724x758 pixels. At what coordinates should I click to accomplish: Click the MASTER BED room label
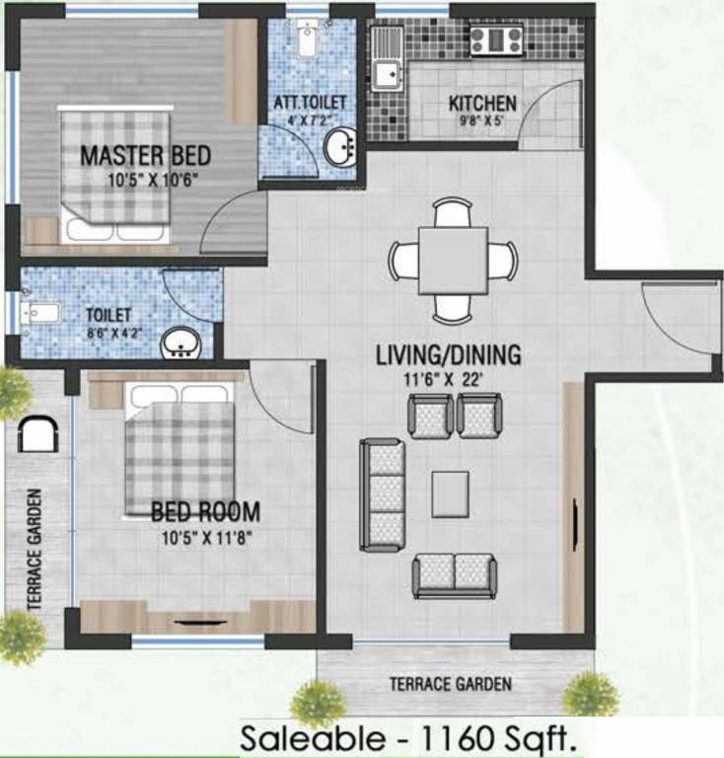[x=145, y=155]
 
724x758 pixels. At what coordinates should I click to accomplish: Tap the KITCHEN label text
[x=482, y=103]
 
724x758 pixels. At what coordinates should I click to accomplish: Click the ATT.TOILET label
[x=310, y=102]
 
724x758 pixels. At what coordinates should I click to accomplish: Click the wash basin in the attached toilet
[x=340, y=149]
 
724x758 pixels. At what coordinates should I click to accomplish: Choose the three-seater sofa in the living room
[x=383, y=494]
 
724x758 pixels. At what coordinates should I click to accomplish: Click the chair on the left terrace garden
[x=36, y=432]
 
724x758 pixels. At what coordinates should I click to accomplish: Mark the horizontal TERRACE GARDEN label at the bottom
[x=450, y=683]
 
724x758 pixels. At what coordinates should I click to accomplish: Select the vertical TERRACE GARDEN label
[x=36, y=549]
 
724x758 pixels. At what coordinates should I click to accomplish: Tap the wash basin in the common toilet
[x=181, y=342]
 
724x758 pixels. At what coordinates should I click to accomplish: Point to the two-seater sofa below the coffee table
[x=455, y=574]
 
